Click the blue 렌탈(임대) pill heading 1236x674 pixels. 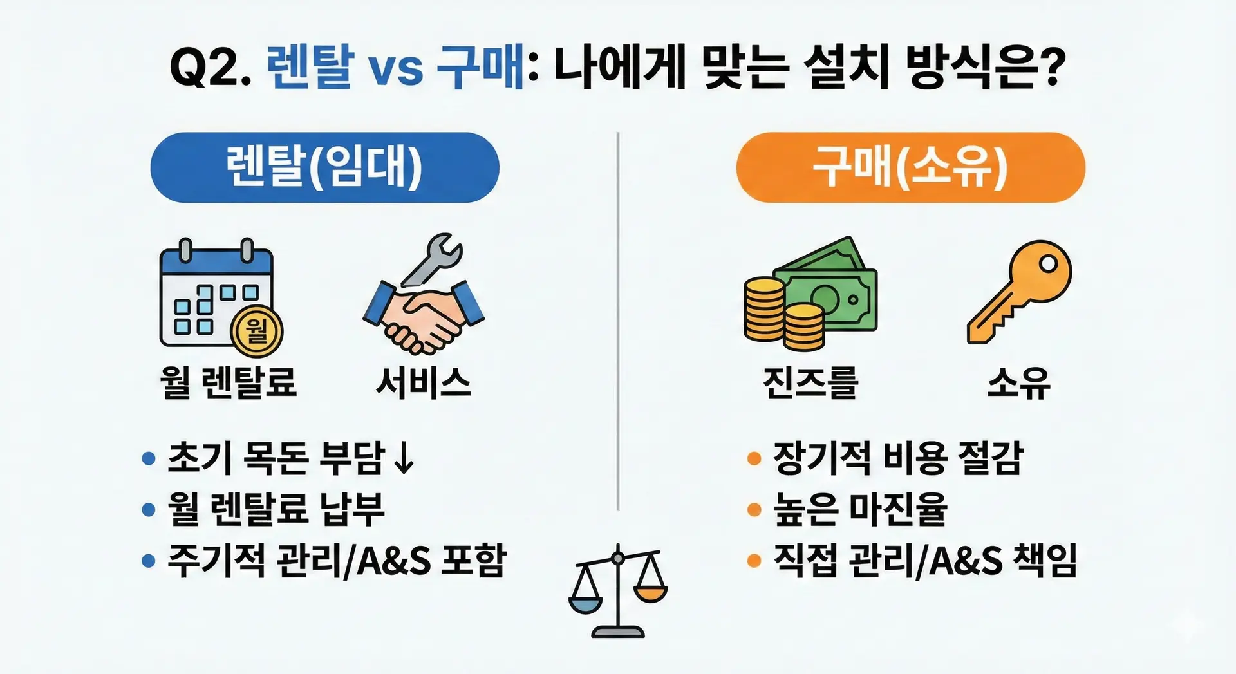tap(324, 167)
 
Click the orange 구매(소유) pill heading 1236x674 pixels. tap(910, 167)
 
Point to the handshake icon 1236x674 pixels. tap(423, 315)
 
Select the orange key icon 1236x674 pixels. tap(1019, 292)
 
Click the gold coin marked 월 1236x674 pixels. tap(257, 332)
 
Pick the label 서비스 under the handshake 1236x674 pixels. tap(424, 382)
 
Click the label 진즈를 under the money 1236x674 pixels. tap(810, 382)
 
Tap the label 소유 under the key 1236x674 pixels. tap(1019, 382)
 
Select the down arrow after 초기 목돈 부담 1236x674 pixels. tap(404, 458)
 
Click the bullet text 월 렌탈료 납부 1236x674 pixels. tap(276, 509)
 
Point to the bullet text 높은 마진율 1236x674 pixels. tap(860, 509)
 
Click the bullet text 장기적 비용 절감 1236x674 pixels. tap(898, 458)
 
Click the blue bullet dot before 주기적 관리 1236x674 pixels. tap(149, 561)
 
